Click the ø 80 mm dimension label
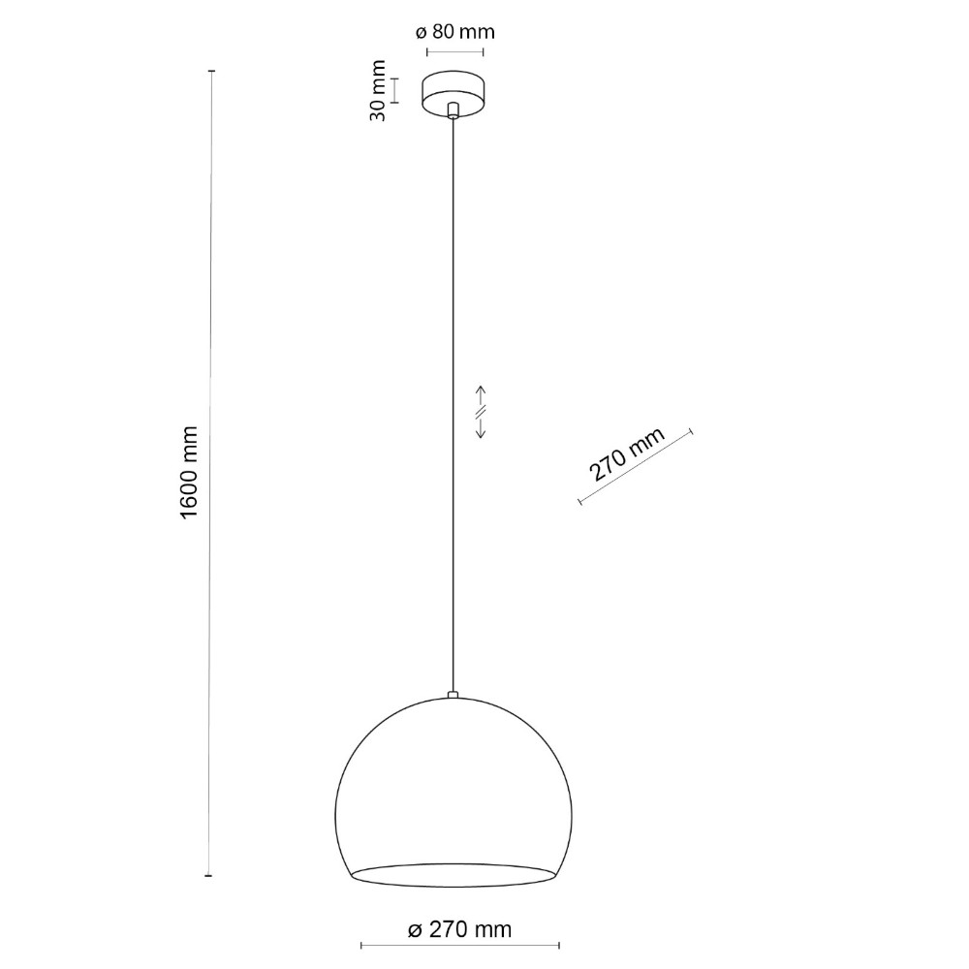tap(454, 32)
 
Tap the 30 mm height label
tap(377, 91)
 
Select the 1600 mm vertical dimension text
tap(189, 473)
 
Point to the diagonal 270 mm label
tap(626, 453)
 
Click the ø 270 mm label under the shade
tap(459, 929)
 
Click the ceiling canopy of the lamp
tap(453, 93)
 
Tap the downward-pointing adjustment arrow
tap(481, 428)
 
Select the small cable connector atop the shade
tap(453, 695)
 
